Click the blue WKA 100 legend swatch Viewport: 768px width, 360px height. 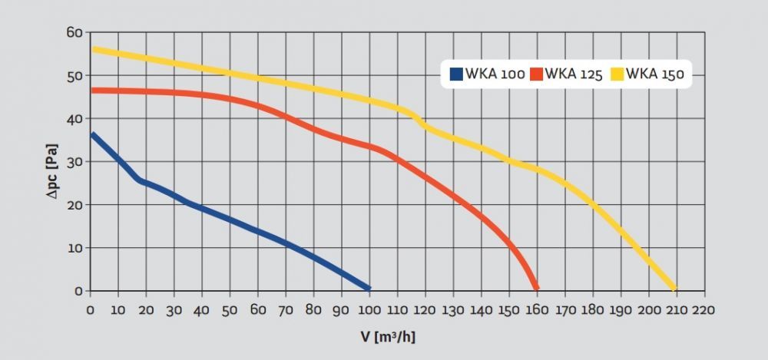456,74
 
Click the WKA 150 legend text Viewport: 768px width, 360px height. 654,74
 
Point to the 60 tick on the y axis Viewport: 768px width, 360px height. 74,32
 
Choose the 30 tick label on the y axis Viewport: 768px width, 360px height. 74,162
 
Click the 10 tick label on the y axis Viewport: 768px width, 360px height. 74,248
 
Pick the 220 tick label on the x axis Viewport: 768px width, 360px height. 703,309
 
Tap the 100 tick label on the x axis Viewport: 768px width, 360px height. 369,309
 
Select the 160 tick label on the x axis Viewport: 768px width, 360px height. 536,309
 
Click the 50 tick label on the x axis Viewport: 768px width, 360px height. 230,309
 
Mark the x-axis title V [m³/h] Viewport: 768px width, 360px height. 388,336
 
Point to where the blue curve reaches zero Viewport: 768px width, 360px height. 369,288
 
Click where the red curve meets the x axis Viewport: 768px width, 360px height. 536,288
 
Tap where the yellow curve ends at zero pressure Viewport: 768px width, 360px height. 674,288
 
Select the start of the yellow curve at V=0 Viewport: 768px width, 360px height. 93,49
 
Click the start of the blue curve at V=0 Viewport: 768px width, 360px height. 93,135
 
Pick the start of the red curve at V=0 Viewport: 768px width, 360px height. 93,91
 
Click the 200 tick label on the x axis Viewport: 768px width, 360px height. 647,309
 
